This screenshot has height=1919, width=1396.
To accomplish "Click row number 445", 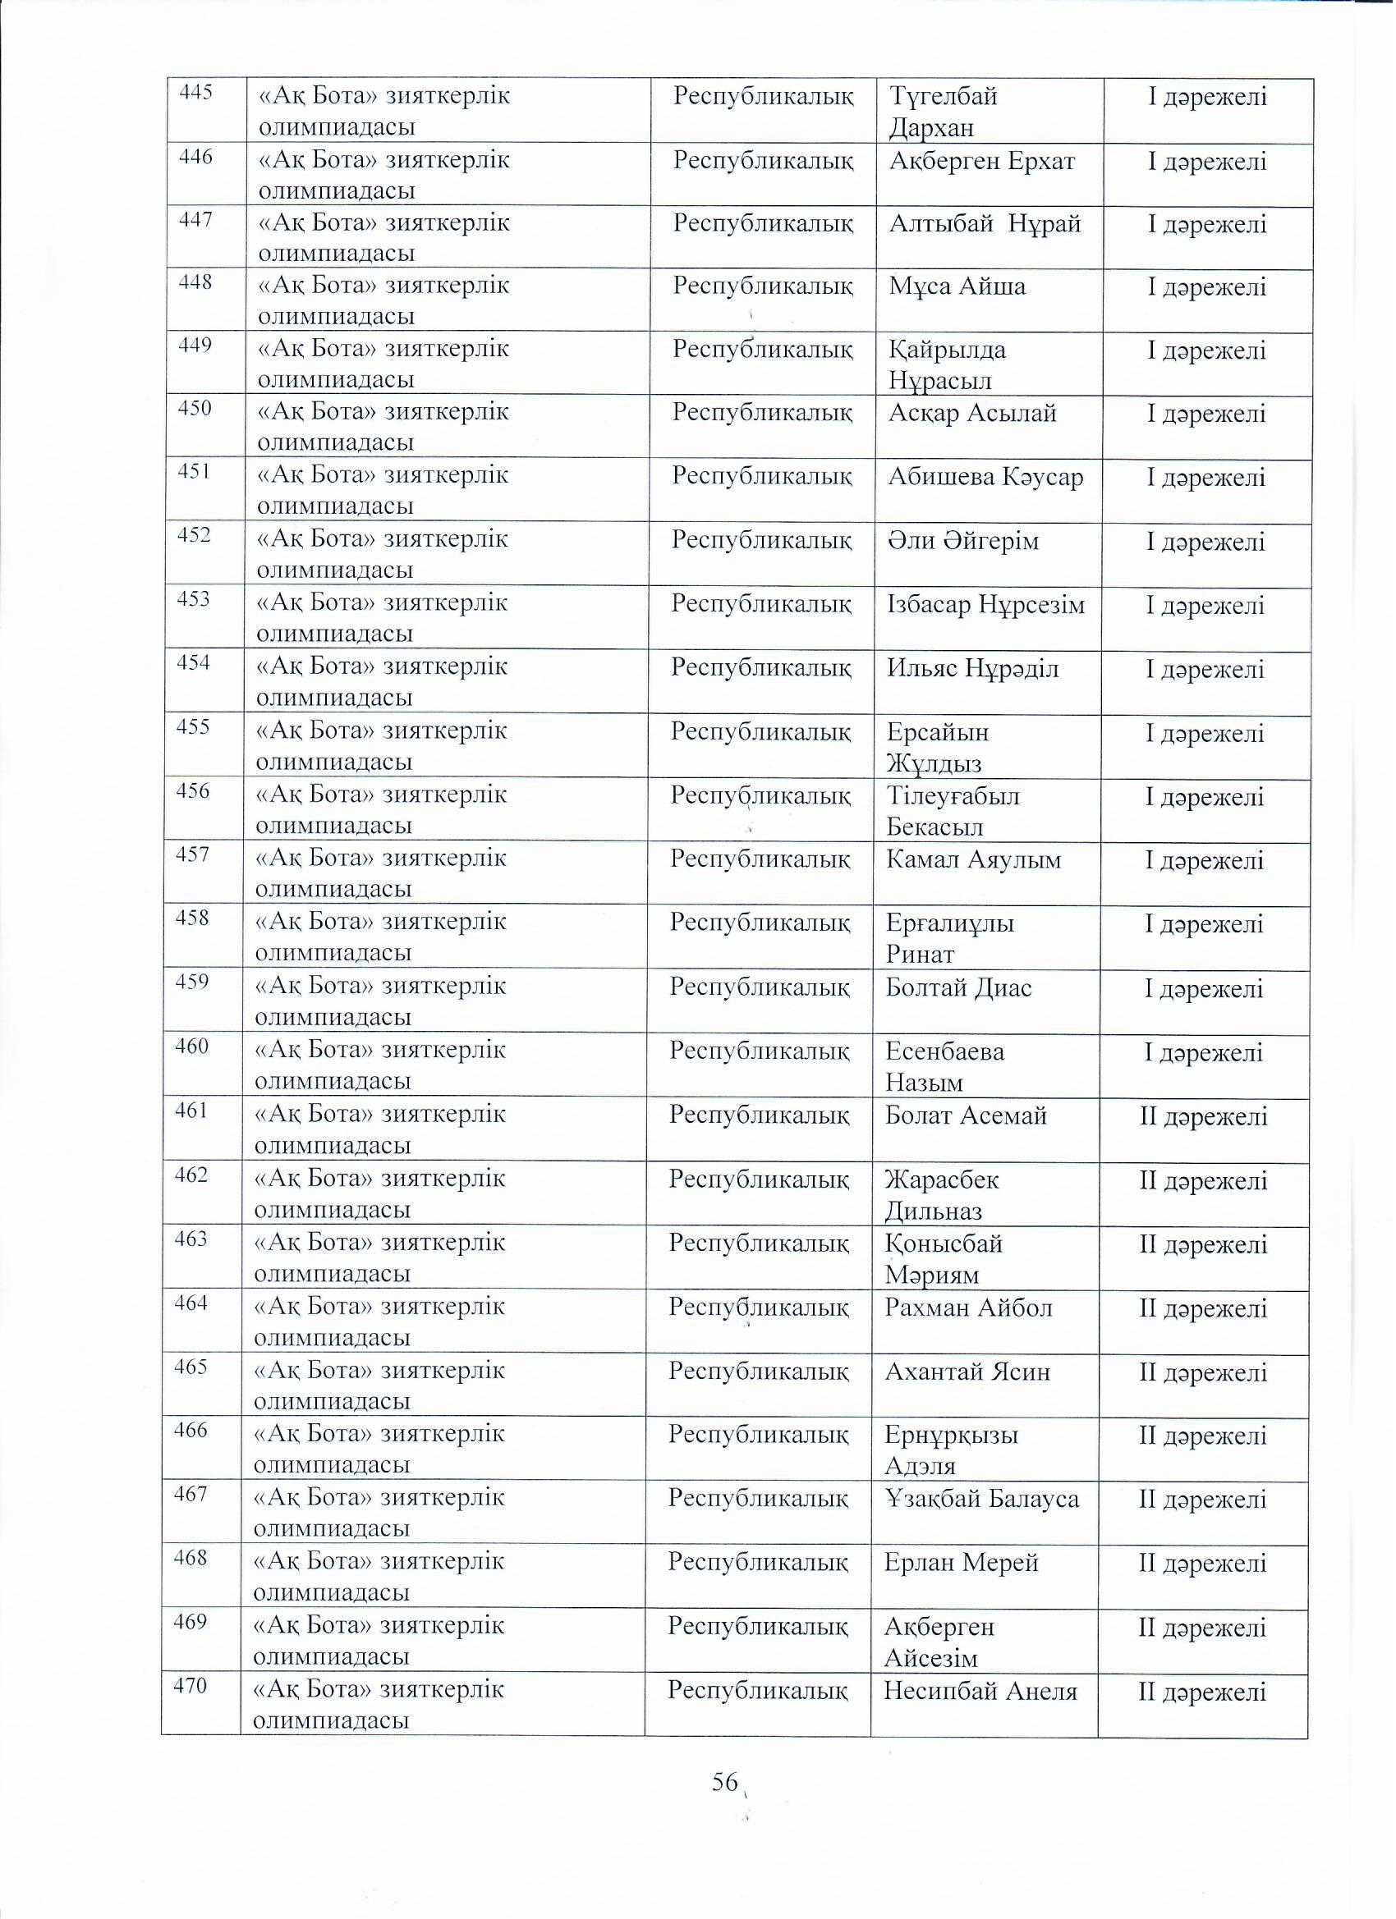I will (195, 92).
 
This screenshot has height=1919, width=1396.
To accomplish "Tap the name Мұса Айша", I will (957, 286).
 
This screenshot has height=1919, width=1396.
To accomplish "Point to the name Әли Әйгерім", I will (963, 542).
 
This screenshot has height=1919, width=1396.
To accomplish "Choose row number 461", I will (191, 1110).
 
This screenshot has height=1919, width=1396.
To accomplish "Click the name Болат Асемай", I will (966, 1116).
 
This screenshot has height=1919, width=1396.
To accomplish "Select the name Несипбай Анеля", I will (980, 1692).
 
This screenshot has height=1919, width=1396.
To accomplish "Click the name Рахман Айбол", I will (968, 1308).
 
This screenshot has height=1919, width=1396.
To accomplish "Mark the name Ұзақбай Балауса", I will (982, 1500).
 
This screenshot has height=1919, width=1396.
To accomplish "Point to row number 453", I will (193, 599).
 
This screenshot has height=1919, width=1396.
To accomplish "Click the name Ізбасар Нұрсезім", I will (985, 605).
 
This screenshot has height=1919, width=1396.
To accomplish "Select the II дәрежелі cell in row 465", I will (1203, 1372).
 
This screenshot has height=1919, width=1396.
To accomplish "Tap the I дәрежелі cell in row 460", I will (1203, 1053).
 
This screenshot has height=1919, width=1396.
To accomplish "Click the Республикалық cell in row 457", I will (760, 859).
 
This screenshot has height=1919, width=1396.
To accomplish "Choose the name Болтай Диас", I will (958, 988).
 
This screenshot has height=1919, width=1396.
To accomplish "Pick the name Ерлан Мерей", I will (961, 1563).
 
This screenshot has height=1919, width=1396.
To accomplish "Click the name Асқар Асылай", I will (972, 414).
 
